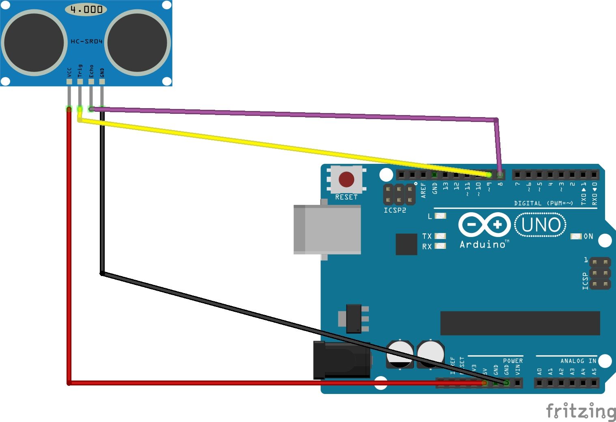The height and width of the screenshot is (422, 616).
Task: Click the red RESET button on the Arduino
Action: tap(346, 179)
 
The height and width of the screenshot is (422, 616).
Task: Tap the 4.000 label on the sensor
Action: tap(86, 9)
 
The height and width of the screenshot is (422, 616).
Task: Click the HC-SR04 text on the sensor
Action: tap(86, 41)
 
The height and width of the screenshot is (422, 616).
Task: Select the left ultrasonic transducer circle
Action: tap(34, 43)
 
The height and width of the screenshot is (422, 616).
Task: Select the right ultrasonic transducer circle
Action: tap(138, 43)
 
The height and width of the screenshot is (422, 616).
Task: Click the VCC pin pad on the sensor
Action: tap(69, 82)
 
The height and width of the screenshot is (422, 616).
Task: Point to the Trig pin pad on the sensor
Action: tap(80, 82)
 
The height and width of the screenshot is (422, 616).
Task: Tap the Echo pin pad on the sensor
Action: tap(91, 82)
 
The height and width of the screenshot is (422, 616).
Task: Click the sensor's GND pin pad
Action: tap(102, 82)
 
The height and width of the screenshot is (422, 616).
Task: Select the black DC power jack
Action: tap(342, 360)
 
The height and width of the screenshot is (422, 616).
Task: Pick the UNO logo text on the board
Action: tap(541, 225)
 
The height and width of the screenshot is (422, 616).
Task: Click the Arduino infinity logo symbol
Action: tap(485, 225)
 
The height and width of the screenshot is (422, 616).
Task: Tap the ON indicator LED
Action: tap(576, 236)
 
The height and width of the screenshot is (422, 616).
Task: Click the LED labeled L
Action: tap(440, 216)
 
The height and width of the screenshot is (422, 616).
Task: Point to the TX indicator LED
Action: tap(440, 236)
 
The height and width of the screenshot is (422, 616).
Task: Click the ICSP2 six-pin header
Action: tap(399, 195)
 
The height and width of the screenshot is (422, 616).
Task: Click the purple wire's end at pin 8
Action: tap(500, 174)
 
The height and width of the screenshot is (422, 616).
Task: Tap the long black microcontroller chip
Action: tap(520, 323)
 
